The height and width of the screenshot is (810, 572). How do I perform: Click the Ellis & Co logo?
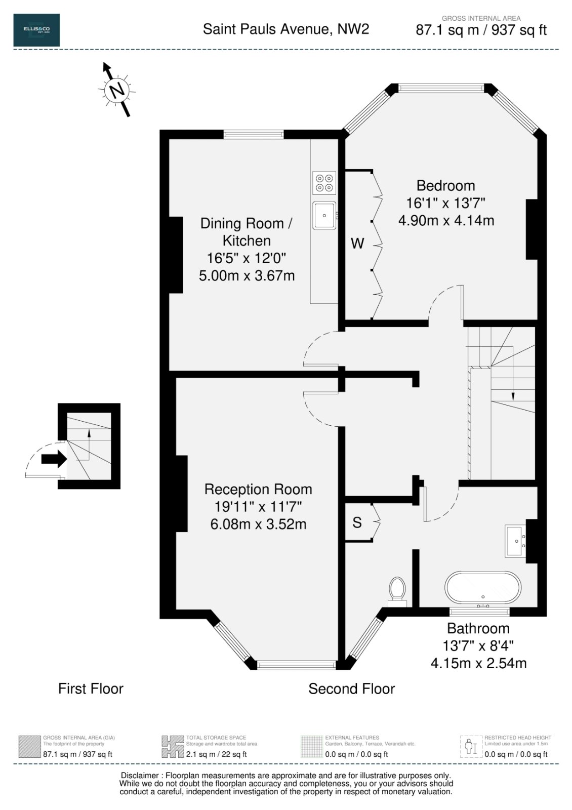(36, 30)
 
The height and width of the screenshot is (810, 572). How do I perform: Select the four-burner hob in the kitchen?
(324, 183)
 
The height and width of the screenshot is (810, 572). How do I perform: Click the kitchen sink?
(324, 215)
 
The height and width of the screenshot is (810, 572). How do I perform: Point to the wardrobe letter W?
(357, 244)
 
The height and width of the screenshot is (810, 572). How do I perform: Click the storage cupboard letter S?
(357, 522)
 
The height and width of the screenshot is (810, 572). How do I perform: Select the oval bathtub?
(483, 588)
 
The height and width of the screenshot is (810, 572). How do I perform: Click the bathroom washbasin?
(515, 541)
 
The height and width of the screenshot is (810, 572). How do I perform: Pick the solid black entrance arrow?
(54, 459)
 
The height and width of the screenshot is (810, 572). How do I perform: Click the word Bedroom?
(445, 185)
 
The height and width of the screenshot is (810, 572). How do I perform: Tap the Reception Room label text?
(258, 489)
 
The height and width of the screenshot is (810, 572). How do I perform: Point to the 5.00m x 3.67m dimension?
(247, 275)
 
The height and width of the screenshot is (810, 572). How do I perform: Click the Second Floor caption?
(351, 689)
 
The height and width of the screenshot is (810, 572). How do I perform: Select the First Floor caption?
(91, 689)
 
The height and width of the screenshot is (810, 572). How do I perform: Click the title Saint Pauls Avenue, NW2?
(286, 29)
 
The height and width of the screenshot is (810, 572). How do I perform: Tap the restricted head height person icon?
(471, 746)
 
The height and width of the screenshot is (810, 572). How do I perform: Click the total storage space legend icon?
(173, 746)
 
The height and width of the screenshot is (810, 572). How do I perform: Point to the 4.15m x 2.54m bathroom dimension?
(478, 663)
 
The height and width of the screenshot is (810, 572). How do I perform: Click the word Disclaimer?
(140, 776)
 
